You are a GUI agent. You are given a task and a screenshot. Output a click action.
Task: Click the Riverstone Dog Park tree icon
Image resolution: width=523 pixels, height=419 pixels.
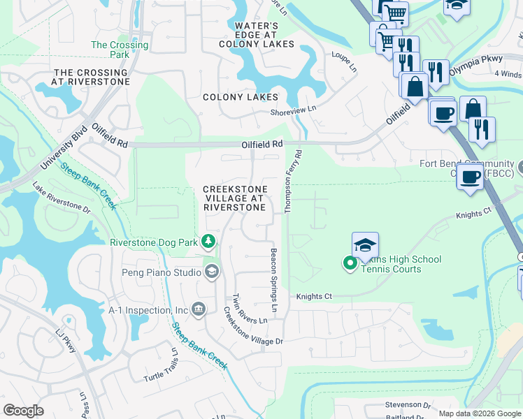tap(208, 242)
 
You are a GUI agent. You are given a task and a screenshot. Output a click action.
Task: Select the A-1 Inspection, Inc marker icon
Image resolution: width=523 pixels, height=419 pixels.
tap(199, 309)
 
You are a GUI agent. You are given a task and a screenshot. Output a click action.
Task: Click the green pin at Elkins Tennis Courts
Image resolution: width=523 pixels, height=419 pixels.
tap(349, 263)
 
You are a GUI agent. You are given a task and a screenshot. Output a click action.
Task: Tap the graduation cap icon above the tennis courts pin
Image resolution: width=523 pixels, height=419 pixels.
tap(365, 246)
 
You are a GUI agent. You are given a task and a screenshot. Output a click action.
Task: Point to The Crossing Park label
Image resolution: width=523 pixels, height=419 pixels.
tap(120, 50)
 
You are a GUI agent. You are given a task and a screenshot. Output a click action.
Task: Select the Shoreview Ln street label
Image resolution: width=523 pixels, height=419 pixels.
tap(294, 110)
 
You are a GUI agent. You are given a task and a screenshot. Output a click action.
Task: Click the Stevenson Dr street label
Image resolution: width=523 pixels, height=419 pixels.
tap(406, 404)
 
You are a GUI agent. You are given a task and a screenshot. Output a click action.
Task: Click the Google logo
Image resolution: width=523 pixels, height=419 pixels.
tap(23, 411)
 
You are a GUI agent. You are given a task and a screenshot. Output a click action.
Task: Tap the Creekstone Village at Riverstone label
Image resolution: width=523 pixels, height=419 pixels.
tap(234, 198)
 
